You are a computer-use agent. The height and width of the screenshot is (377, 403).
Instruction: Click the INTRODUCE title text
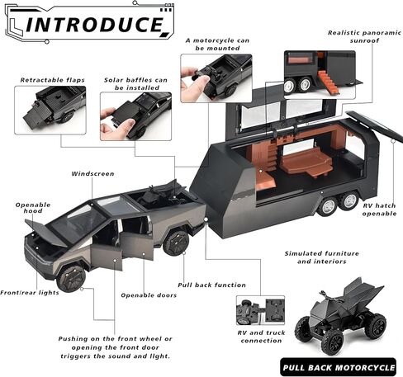[x=94, y=24]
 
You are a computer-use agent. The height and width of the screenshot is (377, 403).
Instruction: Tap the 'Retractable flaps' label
[x=52, y=80]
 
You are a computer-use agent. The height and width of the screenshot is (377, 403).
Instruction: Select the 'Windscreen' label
[x=92, y=174]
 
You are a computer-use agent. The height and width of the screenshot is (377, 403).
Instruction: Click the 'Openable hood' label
[x=33, y=208]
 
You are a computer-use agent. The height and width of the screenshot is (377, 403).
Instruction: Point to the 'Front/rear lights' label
[x=30, y=293]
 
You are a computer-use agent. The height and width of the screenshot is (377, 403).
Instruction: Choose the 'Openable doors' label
[x=149, y=295]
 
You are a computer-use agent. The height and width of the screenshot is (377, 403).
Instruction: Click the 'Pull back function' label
[x=211, y=285]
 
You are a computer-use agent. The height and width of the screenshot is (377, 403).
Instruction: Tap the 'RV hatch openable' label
[x=379, y=210]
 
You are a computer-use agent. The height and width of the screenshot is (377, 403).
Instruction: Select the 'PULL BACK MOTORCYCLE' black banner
[x=339, y=367]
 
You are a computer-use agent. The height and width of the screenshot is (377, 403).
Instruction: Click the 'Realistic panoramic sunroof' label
[x=364, y=36]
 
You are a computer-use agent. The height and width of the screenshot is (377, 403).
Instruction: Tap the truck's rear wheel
[x=176, y=243]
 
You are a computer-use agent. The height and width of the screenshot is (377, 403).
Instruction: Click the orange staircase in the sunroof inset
[x=328, y=82]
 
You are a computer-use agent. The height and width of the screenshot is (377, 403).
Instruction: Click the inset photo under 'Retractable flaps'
[x=50, y=110]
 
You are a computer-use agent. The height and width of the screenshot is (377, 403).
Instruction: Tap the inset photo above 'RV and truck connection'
[x=260, y=310]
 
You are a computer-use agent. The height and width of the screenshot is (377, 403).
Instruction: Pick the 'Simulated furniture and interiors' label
[x=322, y=257]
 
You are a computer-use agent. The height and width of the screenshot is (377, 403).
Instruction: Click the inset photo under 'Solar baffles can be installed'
[x=135, y=116]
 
